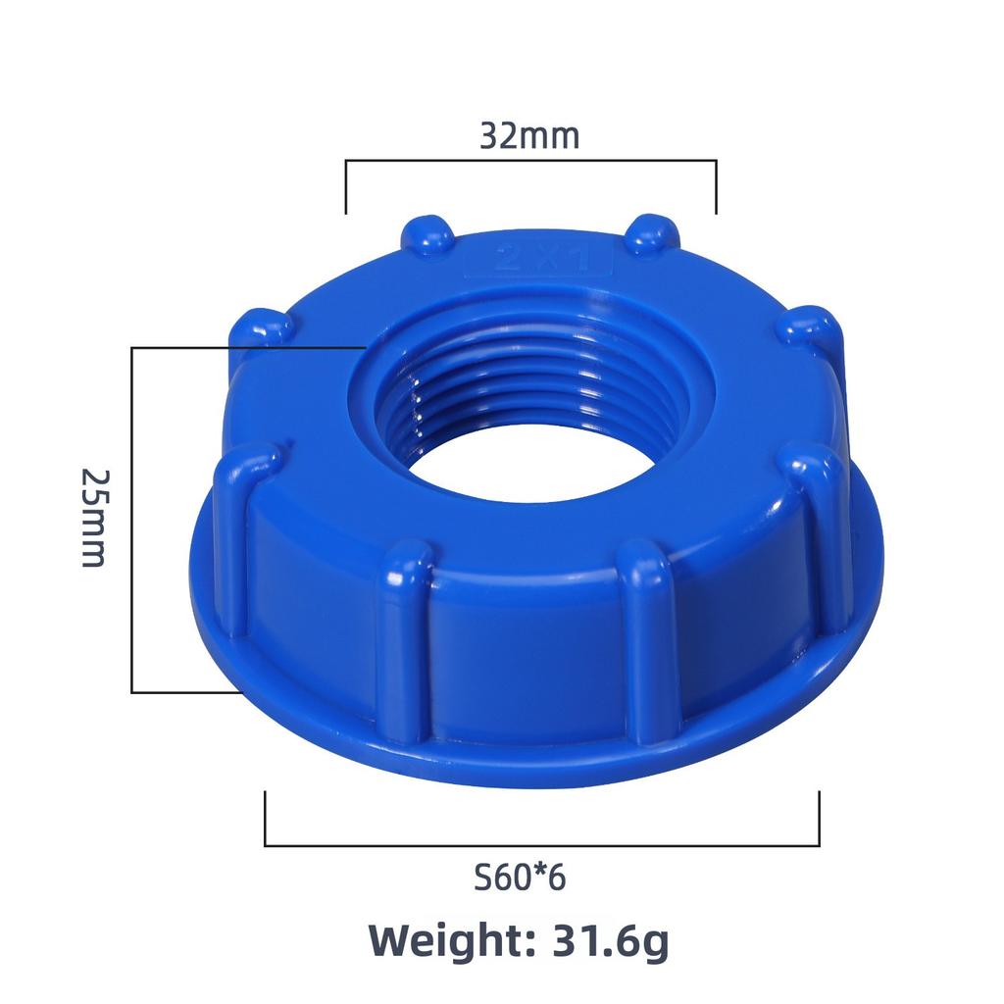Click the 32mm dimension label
[x=529, y=135]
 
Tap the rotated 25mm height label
[x=94, y=517]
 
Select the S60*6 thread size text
[x=520, y=877]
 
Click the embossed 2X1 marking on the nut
[x=537, y=260]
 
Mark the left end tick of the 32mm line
[x=345, y=186]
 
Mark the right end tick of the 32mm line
[x=716, y=186]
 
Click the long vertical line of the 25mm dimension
[x=132, y=520]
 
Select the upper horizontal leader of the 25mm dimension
[x=245, y=347]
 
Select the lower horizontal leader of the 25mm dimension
[x=186, y=692]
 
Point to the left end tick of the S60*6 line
[x=266, y=819]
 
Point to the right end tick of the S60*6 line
[x=819, y=819]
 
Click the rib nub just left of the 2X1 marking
[x=427, y=236]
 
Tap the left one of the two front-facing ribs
[x=404, y=637]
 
